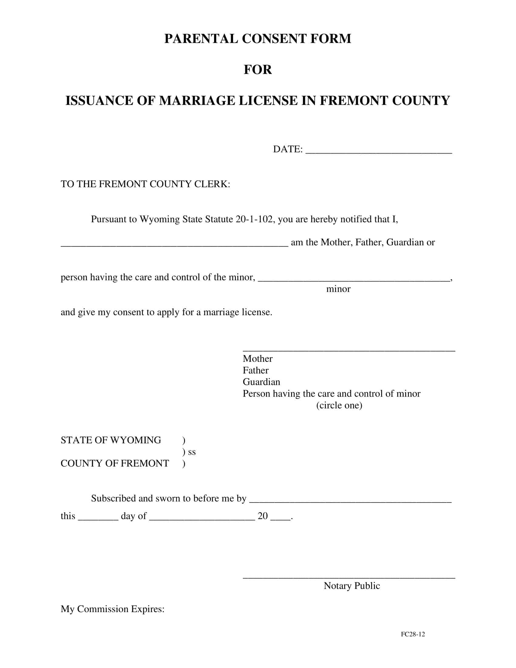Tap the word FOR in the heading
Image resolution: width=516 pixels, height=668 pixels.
[258, 70]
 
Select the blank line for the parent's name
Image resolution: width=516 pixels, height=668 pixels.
[174, 244]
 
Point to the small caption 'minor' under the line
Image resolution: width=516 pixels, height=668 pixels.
[338, 289]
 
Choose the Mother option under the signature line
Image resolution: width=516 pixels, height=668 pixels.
[257, 359]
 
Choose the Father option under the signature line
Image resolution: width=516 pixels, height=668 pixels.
[256, 370]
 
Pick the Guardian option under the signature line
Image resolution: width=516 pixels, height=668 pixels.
[261, 382]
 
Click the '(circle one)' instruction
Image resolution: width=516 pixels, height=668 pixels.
[339, 406]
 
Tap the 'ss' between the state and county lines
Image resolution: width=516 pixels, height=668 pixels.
[192, 452]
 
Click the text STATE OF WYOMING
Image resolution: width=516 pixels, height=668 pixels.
[111, 440]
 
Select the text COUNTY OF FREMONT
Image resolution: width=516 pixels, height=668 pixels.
[115, 463]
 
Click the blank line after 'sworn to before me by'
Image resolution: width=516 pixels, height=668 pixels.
[350, 500]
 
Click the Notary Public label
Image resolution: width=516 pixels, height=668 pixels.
[351, 586]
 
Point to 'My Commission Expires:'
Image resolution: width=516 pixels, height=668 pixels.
[113, 609]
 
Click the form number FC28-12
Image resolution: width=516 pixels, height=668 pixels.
[413, 634]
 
